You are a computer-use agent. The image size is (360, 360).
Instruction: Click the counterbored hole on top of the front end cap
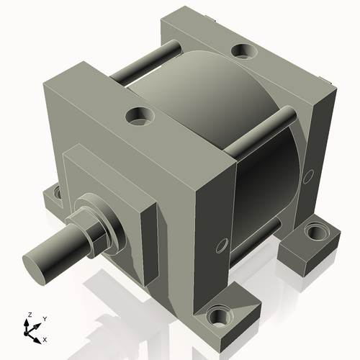pos(138,114)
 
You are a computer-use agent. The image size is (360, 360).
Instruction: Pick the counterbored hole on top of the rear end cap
pos(240,51)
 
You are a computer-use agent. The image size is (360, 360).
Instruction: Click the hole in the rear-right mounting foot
pos(315,232)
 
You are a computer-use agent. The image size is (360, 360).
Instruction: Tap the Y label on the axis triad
pos(44,318)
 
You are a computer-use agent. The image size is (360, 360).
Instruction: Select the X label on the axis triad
pos(45,338)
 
